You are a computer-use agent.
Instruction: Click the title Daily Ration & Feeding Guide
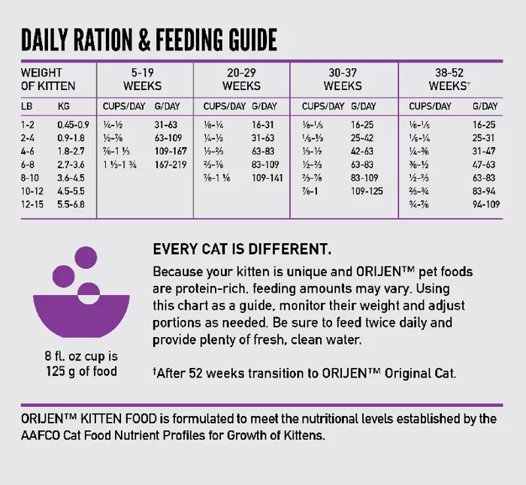[149, 40]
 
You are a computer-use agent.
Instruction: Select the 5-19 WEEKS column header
[142, 80]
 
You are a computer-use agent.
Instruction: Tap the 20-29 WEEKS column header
[241, 80]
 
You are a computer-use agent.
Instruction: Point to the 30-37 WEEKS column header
[343, 80]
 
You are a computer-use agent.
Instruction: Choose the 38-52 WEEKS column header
[449, 80]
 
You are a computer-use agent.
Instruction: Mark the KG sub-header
[64, 107]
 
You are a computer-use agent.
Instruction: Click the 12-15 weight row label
[31, 204]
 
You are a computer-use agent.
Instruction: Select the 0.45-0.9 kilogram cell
[73, 125]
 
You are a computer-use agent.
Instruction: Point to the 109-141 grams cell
[268, 178]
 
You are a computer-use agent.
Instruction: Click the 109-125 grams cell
[367, 191]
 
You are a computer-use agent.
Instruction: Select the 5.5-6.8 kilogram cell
[72, 204]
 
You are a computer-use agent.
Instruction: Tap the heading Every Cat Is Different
[241, 249]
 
